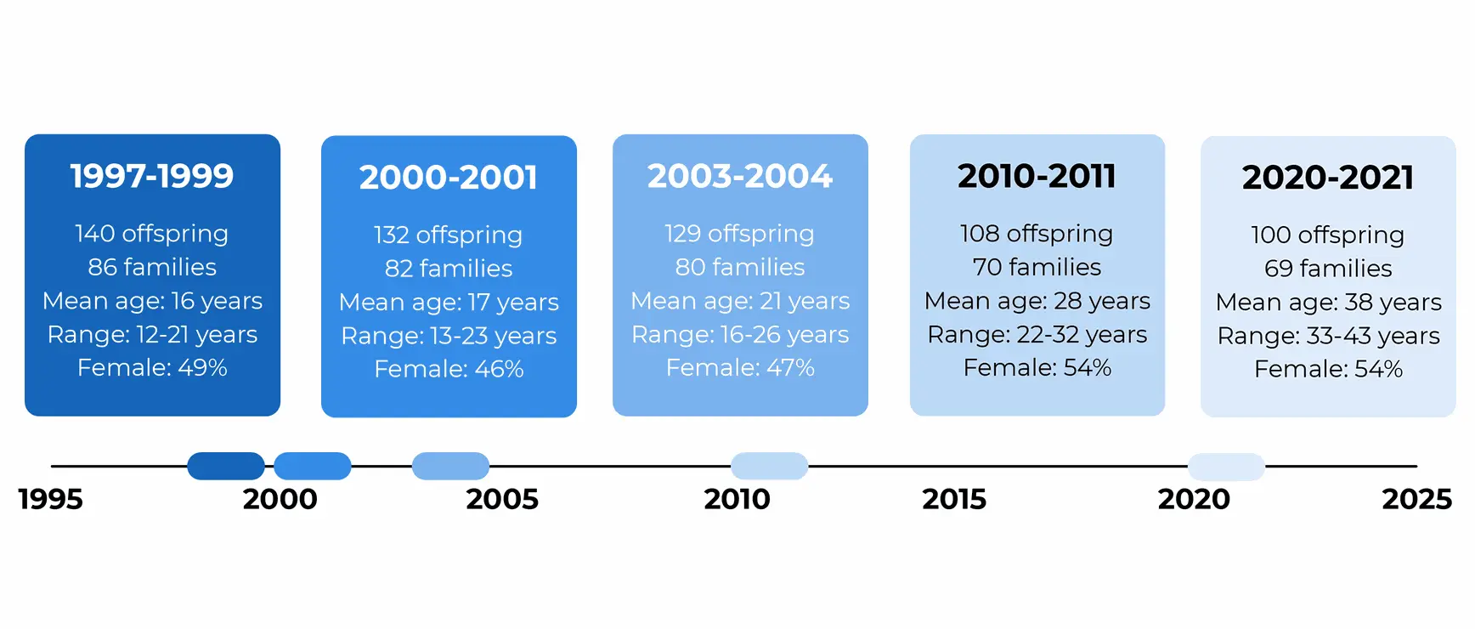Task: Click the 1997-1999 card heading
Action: click(x=152, y=176)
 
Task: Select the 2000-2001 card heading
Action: click(x=449, y=178)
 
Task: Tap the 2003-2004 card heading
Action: click(x=740, y=176)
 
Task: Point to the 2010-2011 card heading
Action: click(x=1037, y=176)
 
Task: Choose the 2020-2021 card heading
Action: click(x=1328, y=178)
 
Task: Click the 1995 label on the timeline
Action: click(x=51, y=499)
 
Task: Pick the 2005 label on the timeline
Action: click(x=502, y=499)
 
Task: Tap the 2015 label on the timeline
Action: click(x=954, y=499)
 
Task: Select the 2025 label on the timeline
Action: click(x=1417, y=499)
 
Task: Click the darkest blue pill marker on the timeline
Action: click(x=226, y=466)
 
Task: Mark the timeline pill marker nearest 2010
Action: click(x=769, y=466)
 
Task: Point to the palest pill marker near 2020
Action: click(x=1226, y=467)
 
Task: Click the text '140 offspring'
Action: click(x=151, y=234)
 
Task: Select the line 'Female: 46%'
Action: click(x=449, y=369)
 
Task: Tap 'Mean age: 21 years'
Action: click(x=740, y=301)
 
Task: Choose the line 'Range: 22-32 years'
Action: click(x=1037, y=335)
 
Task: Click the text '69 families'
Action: click(x=1328, y=269)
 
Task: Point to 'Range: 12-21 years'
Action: click(x=152, y=335)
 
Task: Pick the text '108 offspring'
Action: click(x=1037, y=234)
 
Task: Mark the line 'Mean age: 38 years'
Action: click(x=1329, y=303)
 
